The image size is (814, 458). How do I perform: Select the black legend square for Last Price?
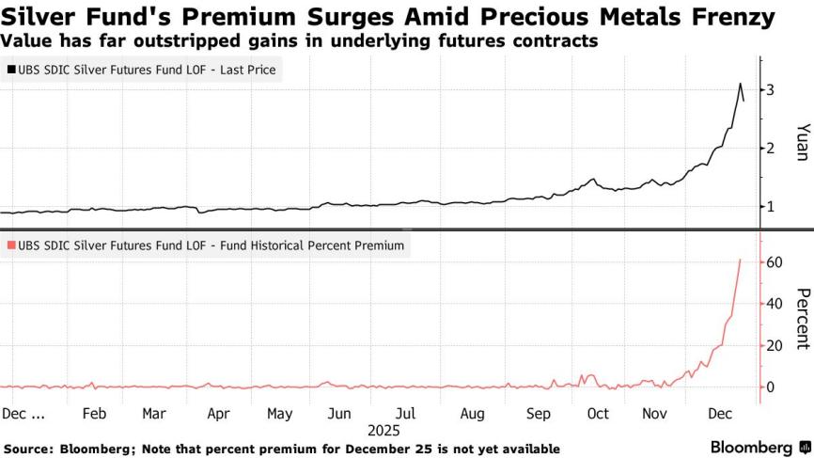point(11,70)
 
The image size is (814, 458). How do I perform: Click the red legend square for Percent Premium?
point(11,245)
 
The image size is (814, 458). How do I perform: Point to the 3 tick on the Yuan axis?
point(770,89)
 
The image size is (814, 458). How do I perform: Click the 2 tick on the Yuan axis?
point(770,148)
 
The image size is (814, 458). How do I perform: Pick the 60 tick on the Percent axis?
point(774,262)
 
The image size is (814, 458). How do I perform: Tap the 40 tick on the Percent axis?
point(774,304)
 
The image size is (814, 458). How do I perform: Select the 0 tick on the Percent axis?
point(770,387)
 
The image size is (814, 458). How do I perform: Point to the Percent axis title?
point(802,318)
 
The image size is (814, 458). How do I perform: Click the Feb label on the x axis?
point(95,413)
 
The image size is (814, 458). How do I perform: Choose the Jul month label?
point(406,413)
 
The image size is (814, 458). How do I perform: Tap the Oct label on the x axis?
point(597,413)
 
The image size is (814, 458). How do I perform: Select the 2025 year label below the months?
point(383,430)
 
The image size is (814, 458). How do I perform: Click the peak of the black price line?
point(740,84)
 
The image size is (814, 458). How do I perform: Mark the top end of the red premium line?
point(741,260)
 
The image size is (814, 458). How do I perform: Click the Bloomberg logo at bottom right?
point(759,447)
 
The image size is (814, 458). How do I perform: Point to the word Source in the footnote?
point(29,449)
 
